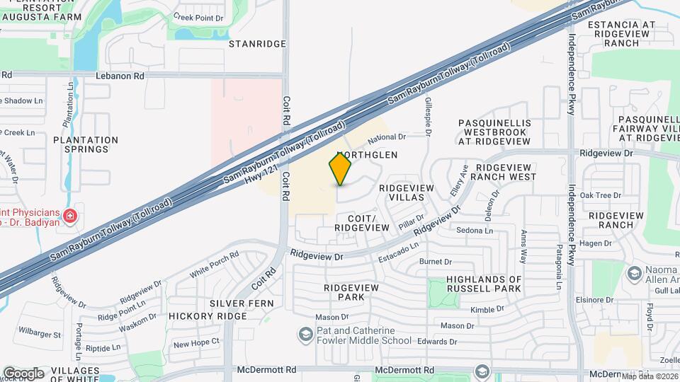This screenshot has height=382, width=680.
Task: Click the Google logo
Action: (23, 373)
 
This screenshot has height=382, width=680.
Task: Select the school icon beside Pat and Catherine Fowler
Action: (305, 333)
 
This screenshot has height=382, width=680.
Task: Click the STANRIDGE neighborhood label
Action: (257, 44)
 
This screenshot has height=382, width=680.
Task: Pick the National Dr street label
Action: (386, 137)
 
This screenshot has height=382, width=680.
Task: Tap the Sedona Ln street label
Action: (475, 231)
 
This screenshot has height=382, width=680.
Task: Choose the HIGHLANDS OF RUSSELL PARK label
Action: (484, 284)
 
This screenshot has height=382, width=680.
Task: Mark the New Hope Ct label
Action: (197, 342)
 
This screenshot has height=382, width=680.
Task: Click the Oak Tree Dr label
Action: (601, 195)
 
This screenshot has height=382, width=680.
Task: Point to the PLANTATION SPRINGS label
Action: (86, 144)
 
